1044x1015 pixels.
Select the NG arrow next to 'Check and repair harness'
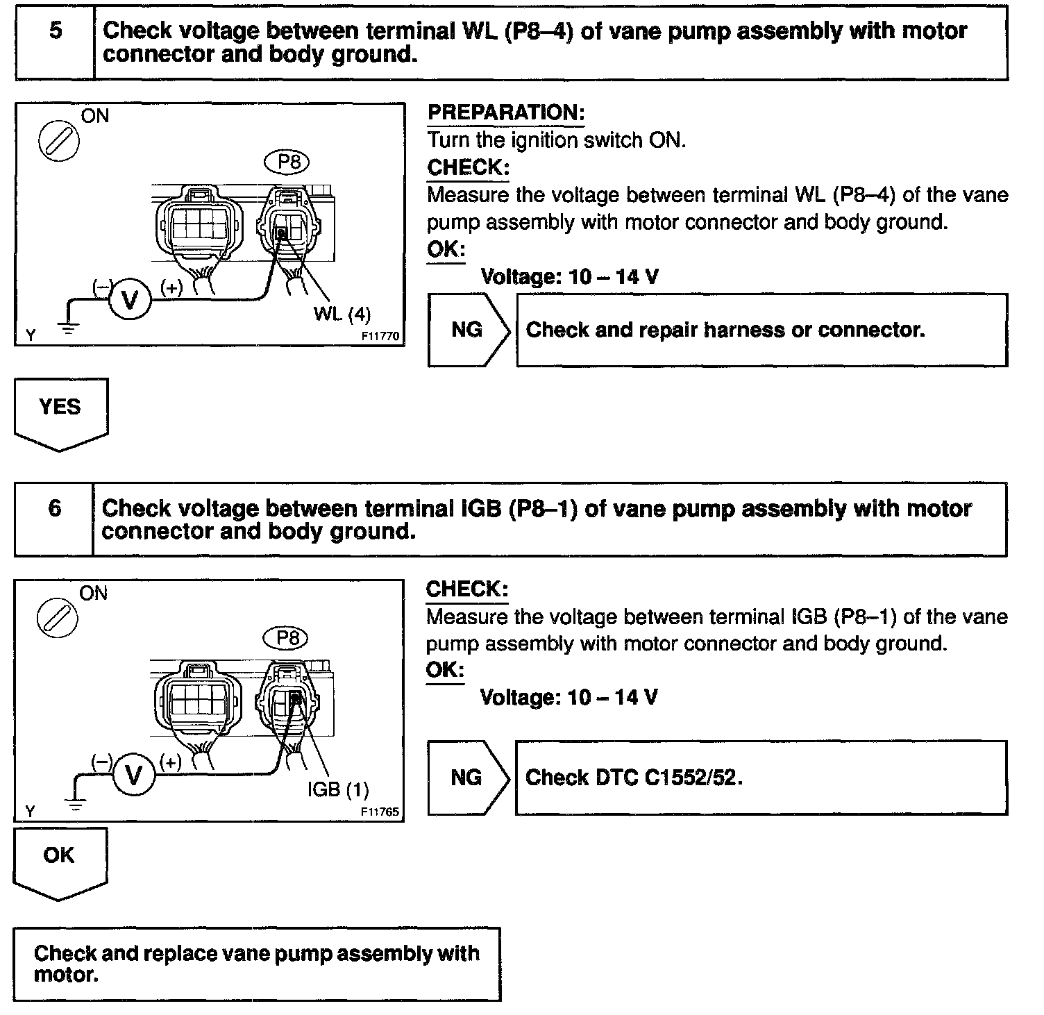tap(469, 330)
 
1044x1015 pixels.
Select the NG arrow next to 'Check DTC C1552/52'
tap(468, 778)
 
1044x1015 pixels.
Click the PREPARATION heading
tap(506, 113)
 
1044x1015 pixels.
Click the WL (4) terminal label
tap(342, 314)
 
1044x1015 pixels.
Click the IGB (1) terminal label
tap(338, 789)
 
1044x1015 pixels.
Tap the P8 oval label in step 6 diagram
tap(287, 638)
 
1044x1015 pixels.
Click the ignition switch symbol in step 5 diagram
tap(58, 143)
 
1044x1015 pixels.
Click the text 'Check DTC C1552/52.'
tap(634, 778)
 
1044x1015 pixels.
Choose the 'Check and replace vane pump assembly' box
tap(256, 964)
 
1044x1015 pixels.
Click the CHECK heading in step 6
tap(466, 589)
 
